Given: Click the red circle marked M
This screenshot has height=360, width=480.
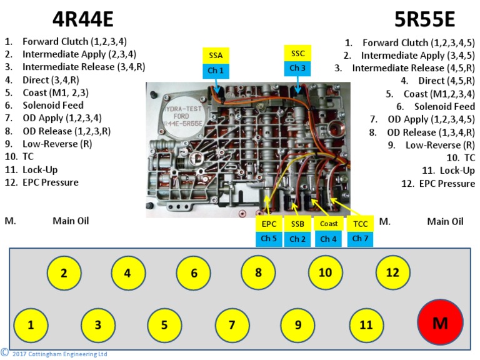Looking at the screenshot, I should tap(440, 322).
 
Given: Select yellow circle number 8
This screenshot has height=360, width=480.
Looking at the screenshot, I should tap(258, 273).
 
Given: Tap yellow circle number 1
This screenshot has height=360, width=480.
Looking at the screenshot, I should tap(31, 325).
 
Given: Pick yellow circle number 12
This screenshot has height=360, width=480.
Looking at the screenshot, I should tap(392, 273).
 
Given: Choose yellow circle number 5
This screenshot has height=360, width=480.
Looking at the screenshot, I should tap(164, 325).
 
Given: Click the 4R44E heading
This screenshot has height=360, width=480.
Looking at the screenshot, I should tap(83, 20).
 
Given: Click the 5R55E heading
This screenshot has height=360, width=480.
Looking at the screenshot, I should tap(424, 20).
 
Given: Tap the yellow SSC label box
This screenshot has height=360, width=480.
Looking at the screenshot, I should tap(298, 53).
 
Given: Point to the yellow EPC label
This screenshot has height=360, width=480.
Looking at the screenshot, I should tap(269, 224).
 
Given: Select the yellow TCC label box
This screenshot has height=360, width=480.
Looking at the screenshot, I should tap(360, 224).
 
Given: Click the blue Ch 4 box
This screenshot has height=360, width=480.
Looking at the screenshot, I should tap(328, 239).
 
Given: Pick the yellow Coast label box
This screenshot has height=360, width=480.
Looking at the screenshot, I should tap(328, 224).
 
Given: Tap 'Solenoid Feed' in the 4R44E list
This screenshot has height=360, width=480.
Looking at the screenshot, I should tap(53, 105).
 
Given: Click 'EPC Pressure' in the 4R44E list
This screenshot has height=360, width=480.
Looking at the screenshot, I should tap(51, 182).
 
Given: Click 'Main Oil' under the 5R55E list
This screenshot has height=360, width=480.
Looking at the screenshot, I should tap(445, 221).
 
